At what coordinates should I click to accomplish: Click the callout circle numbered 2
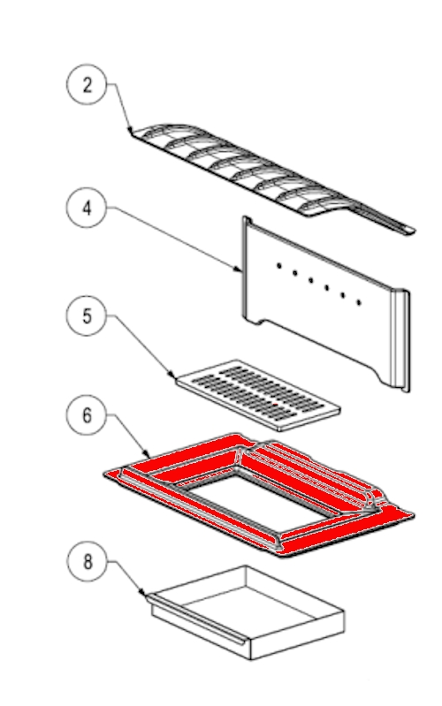tap(87, 85)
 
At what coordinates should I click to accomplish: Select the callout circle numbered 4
tap(87, 208)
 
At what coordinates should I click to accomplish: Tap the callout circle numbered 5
tap(87, 315)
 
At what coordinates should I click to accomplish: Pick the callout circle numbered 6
tap(87, 414)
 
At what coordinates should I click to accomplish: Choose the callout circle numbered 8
tap(88, 561)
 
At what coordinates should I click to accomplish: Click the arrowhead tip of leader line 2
tap(131, 132)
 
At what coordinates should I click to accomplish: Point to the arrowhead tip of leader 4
tap(242, 271)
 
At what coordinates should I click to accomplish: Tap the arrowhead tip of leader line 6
tap(149, 457)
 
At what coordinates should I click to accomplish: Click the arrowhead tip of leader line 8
tap(146, 596)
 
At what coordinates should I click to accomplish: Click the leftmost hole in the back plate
tap(279, 266)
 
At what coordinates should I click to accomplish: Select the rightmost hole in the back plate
tap(359, 302)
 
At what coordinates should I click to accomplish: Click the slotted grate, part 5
tap(258, 394)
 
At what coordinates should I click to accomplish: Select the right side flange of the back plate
tap(400, 340)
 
